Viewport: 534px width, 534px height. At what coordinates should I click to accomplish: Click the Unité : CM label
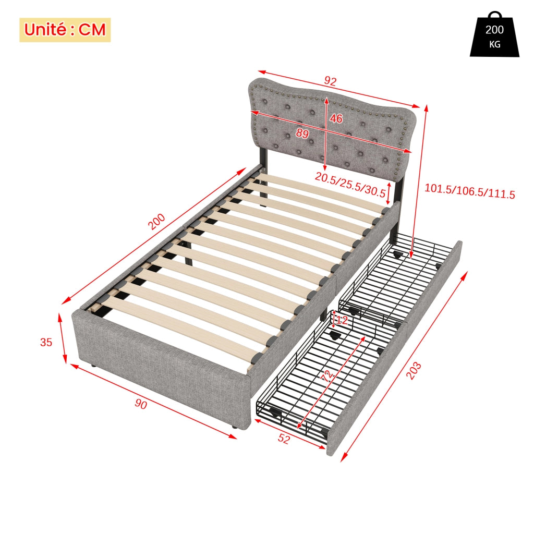coord(65,30)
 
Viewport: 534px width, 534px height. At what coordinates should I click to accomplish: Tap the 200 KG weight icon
coord(494,34)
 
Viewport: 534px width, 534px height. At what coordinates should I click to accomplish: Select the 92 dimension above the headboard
coord(330,81)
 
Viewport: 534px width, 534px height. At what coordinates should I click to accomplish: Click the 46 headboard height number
coord(336,118)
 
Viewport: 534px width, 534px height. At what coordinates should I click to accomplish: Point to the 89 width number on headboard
coord(302,133)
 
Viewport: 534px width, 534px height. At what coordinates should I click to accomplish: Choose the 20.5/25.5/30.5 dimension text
coord(350,184)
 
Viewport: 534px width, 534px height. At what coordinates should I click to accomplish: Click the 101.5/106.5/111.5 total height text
coord(470,191)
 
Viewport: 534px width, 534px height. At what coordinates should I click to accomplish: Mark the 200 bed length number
coord(156,221)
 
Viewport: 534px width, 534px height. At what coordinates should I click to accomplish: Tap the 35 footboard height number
coord(46,342)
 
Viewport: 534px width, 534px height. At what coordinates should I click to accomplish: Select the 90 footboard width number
coord(141,404)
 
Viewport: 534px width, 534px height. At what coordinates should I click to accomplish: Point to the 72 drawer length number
coord(327,376)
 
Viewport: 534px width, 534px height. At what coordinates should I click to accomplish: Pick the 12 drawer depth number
coord(342,320)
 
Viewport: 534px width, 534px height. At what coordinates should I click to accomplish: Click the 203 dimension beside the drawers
coord(414,371)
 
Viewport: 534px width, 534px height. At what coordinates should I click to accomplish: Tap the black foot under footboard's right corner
coord(234,426)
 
